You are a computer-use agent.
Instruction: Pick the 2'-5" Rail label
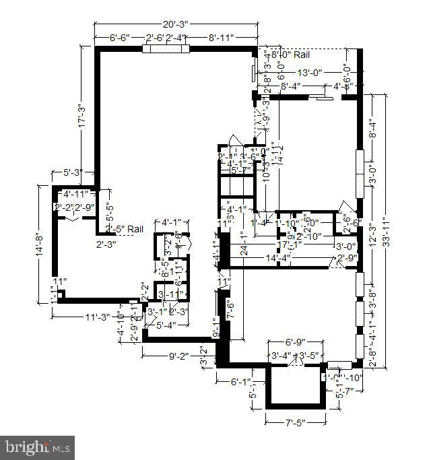point(125,229)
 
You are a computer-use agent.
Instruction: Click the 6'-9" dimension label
point(296,342)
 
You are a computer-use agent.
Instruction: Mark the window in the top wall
point(166,48)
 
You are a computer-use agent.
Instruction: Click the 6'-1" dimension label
point(240,382)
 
